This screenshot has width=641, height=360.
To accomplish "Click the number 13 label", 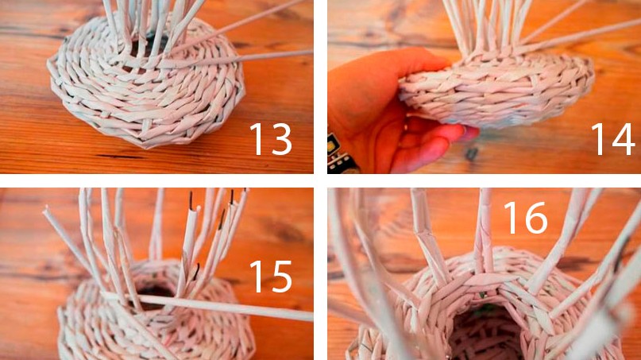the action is pos(271,139).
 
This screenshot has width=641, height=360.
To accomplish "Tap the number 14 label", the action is pos(612,140).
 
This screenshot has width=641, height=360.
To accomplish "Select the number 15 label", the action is pos(271,277).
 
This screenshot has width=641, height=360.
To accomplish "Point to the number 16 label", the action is pos(525,218).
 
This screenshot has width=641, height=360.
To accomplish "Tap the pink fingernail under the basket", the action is pos(470,133).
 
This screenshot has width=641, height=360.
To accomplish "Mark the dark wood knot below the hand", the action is pos(471,154).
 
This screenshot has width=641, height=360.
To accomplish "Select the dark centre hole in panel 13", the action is pos(147,46).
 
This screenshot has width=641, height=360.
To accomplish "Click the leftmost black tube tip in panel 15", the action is pos(191,200).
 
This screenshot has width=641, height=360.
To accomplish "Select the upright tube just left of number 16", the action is pos(484,229).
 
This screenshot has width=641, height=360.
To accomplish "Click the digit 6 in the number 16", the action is pos(535,218).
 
